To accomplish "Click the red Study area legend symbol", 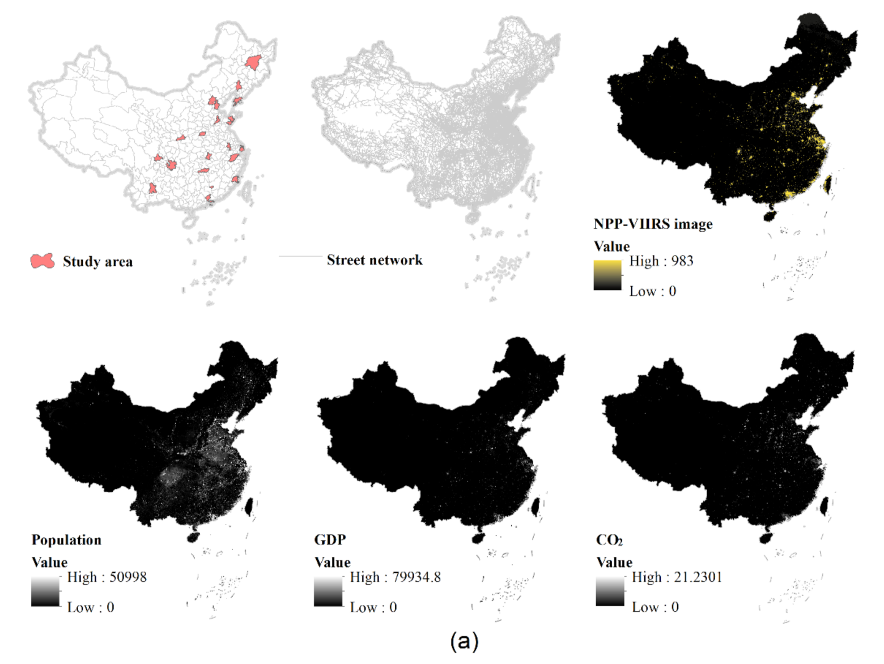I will (42, 261).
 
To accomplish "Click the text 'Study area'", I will (97, 262).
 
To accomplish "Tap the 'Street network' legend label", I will (375, 260).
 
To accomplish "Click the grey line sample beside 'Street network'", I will (300, 257).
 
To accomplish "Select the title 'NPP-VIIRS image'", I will (653, 224).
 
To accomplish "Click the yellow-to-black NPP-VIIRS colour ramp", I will (607, 275).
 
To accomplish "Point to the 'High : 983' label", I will (661, 261).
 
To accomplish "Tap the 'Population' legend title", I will (66, 540).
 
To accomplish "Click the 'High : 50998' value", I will (107, 577).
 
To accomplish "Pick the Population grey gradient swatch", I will (45, 591).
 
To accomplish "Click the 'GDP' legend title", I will (330, 540).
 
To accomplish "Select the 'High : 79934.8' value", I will (395, 577).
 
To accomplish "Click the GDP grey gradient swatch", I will (328, 591).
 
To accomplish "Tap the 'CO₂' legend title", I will (609, 540).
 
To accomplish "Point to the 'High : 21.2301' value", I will (677, 577).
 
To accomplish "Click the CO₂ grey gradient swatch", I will (610, 591).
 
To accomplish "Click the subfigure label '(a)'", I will (464, 641).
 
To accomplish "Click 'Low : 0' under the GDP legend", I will (373, 607).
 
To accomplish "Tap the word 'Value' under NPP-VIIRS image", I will (611, 246).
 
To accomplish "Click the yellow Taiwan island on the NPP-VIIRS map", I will (827, 183).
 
